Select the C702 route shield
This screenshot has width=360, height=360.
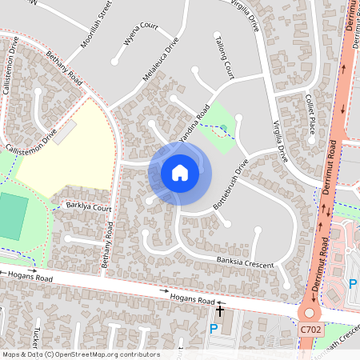coord(311,329)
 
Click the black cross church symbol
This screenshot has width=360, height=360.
coord(220,310)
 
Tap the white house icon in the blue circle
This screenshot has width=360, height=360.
coord(180,173)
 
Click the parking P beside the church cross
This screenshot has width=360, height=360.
coord(214,328)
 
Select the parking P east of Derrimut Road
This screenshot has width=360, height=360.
coord(353,284)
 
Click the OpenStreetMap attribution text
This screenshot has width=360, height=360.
coord(80,354)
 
